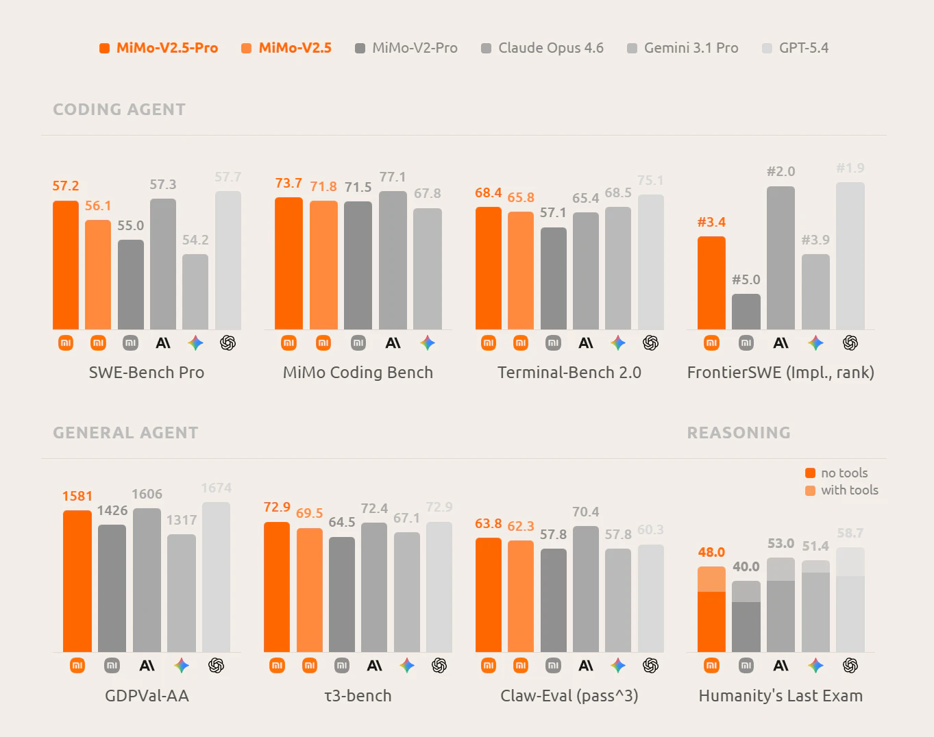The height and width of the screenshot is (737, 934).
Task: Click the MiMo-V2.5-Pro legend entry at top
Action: tap(159, 48)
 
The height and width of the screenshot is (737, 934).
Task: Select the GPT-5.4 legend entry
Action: tap(796, 48)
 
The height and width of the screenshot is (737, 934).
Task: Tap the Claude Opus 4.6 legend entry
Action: tap(543, 48)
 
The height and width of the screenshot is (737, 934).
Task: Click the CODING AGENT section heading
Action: tap(119, 110)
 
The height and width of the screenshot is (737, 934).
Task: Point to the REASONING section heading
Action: tap(739, 433)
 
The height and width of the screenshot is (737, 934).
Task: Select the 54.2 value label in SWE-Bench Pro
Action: tap(195, 240)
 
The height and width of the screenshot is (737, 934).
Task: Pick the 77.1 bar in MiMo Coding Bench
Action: tap(393, 260)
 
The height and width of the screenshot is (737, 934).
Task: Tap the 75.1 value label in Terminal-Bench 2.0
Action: tap(650, 180)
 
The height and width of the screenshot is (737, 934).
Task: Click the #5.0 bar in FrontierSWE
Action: tap(746, 312)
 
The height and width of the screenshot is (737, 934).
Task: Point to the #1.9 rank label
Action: tap(850, 168)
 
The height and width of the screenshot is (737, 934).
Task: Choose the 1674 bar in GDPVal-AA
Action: tap(216, 577)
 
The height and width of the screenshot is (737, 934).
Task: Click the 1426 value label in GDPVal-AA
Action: tap(112, 510)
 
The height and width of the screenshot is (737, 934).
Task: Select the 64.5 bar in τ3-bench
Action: tap(342, 595)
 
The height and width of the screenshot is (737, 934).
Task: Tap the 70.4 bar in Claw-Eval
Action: tap(586, 589)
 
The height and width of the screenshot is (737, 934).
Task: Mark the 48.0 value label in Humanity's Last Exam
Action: tap(711, 552)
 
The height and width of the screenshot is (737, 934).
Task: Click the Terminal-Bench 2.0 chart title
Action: tap(569, 373)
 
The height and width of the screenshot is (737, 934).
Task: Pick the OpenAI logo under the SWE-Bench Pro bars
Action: tap(228, 342)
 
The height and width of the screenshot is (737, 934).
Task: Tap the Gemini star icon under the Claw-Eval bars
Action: tap(618, 665)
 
